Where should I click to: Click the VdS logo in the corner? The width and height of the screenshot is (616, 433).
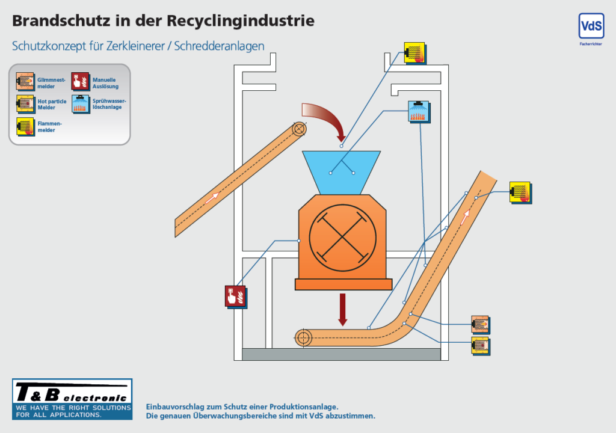point(591,26)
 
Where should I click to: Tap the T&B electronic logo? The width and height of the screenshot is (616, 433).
point(72,399)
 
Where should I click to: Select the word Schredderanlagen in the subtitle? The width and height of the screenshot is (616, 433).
point(219,46)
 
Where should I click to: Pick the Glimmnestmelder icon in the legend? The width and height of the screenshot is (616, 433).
point(25,82)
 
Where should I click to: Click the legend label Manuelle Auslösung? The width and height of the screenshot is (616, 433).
point(105,83)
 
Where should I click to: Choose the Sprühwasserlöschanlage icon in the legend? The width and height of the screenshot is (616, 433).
point(81,104)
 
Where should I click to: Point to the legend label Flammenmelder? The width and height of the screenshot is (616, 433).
point(49,126)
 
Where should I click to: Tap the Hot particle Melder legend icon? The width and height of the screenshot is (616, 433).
point(25,104)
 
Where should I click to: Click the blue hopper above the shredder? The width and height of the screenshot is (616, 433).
point(342,173)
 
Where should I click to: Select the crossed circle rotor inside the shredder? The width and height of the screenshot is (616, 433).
point(342,238)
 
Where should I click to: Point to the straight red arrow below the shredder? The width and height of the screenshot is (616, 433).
point(342,310)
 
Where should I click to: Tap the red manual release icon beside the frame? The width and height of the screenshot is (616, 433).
point(236,296)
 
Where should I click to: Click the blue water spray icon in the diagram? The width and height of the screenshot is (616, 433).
point(419,112)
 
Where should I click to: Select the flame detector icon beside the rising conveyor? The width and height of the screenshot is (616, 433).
point(520,192)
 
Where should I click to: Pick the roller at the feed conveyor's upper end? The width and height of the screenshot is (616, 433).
point(300,129)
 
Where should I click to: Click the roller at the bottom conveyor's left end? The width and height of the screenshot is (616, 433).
point(303,337)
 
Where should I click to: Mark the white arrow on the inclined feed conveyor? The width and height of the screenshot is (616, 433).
point(212,198)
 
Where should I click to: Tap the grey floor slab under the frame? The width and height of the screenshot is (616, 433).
point(341,354)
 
